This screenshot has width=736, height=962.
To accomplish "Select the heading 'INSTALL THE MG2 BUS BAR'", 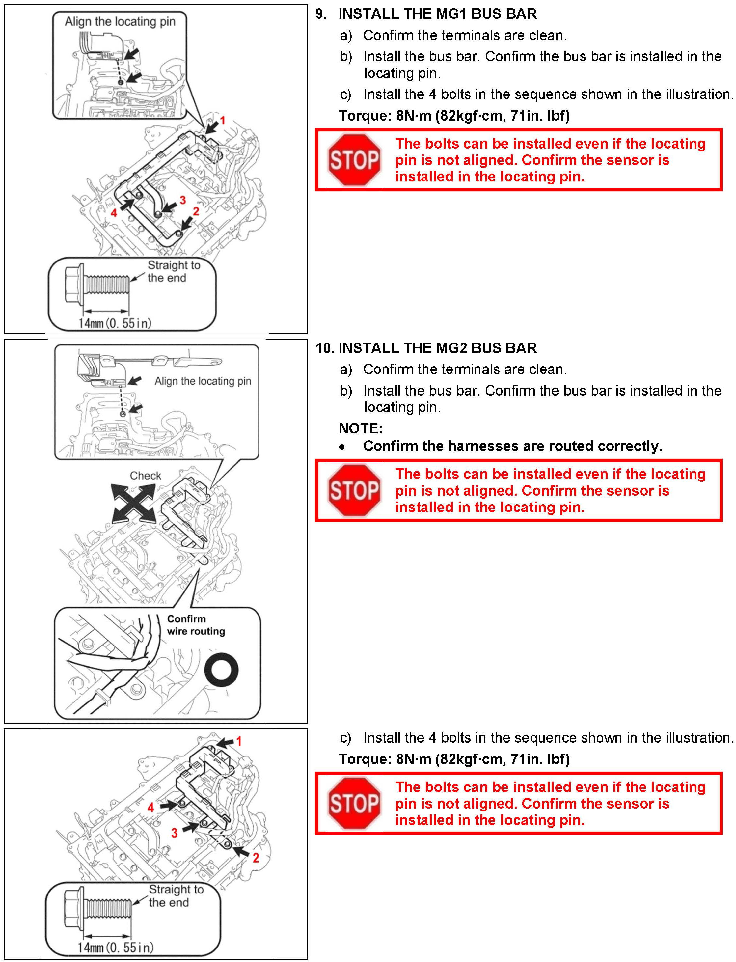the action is pyautogui.click(x=437, y=348).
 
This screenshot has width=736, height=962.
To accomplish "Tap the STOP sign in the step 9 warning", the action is pyautogui.click(x=354, y=160).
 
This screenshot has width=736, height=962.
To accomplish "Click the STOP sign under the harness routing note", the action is pyautogui.click(x=354, y=491).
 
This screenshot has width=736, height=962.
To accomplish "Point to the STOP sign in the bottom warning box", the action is pyautogui.click(x=354, y=803).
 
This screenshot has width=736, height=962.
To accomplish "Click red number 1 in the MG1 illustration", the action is pyautogui.click(x=223, y=120).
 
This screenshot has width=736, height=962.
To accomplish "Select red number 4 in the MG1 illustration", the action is pyautogui.click(x=114, y=213).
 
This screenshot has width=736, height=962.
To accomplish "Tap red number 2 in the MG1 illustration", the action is pyautogui.click(x=196, y=211).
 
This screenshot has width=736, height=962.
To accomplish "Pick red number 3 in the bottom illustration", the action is pyautogui.click(x=174, y=833).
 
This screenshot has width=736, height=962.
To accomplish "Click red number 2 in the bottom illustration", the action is pyautogui.click(x=256, y=858).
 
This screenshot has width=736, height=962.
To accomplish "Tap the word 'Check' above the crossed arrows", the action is pyautogui.click(x=146, y=476).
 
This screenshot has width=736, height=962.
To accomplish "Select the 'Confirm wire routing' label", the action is pyautogui.click(x=196, y=625).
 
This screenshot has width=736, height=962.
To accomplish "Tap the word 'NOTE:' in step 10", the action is pyautogui.click(x=361, y=428).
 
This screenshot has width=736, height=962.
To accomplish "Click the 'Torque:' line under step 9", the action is pyautogui.click(x=454, y=116).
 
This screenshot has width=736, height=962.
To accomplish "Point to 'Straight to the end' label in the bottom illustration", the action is pyautogui.click(x=175, y=896).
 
